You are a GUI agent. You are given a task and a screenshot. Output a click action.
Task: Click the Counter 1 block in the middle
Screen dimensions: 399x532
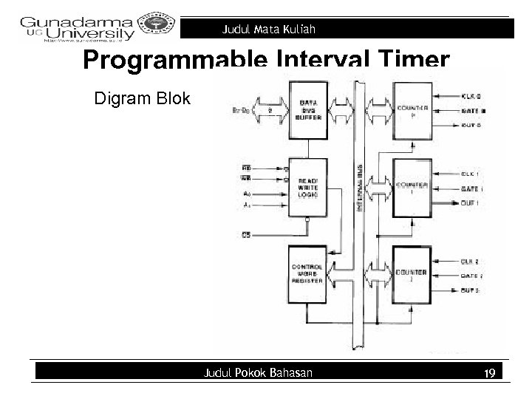(415, 188)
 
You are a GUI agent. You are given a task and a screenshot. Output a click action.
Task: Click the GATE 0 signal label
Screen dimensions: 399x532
(474, 110)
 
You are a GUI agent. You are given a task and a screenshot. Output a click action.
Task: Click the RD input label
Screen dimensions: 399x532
(246, 167)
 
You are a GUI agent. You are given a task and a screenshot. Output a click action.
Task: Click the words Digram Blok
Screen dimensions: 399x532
(142, 98)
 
